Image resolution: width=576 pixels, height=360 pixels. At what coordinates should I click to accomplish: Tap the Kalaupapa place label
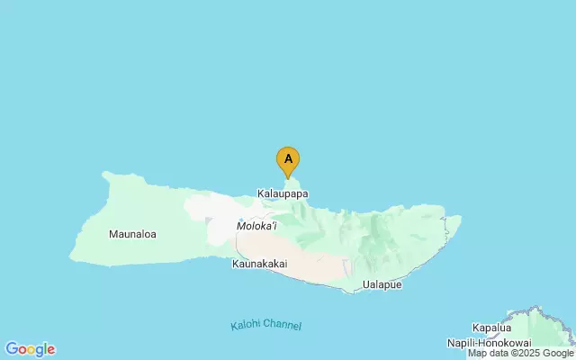point(283,193)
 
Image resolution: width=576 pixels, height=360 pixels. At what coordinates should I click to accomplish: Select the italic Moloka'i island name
point(256,226)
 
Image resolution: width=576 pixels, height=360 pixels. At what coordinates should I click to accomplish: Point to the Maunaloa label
point(132,235)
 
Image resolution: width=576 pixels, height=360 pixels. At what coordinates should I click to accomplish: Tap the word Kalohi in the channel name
point(246,325)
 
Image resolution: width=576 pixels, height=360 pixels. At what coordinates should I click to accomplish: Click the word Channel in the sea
point(283,325)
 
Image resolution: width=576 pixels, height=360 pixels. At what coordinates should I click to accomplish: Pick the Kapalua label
point(491,328)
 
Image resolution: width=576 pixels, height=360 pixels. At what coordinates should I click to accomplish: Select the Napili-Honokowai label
point(490,343)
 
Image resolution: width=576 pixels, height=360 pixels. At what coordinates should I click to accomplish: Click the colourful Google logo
point(30,349)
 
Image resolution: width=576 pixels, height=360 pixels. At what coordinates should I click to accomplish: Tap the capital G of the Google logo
point(12,348)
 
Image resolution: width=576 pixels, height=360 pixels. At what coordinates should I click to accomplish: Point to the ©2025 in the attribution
point(522,353)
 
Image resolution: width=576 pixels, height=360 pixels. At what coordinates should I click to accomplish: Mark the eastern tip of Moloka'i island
point(460,219)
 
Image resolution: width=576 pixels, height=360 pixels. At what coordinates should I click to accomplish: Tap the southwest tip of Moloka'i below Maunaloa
point(73,257)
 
